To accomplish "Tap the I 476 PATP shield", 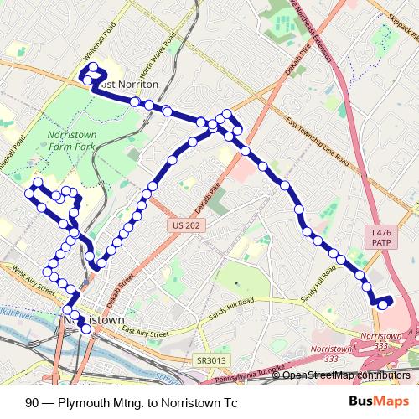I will point(378,237).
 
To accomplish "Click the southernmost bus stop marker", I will point(85,328).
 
